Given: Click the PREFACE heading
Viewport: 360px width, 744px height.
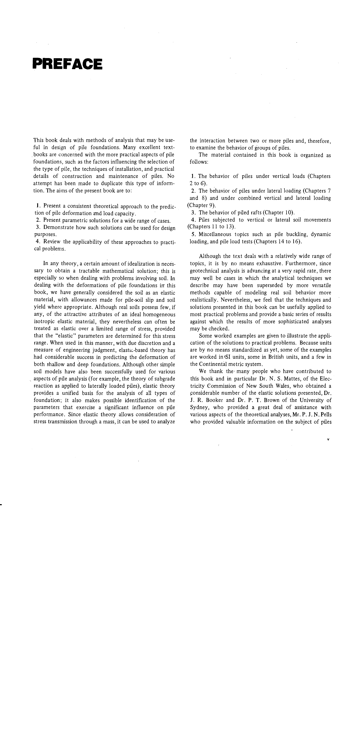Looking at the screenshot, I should pos(67,64).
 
